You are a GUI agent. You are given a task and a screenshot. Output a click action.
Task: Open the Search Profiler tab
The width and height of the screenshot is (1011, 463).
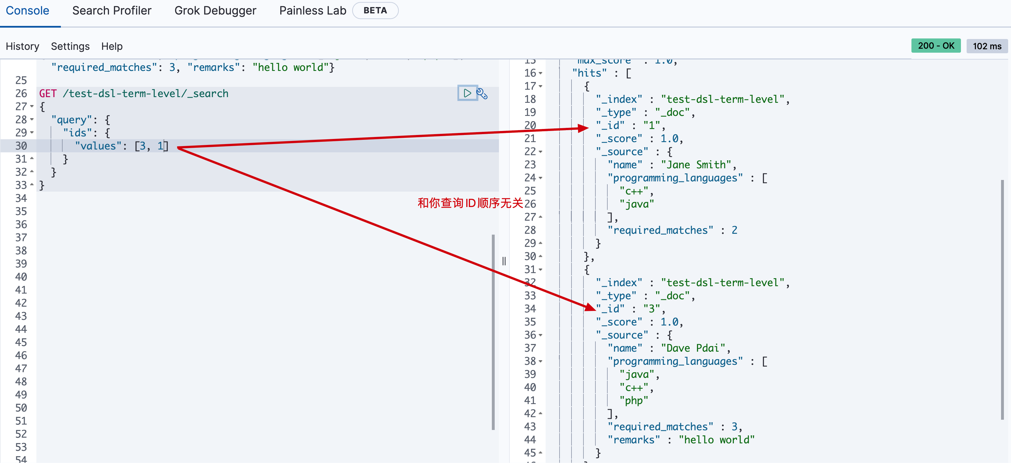112,11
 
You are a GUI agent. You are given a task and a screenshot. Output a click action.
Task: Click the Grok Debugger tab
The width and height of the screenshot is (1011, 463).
215,11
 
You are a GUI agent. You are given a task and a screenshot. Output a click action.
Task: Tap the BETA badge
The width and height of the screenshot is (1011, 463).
375,11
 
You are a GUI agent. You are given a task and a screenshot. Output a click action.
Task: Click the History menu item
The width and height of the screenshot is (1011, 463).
22,46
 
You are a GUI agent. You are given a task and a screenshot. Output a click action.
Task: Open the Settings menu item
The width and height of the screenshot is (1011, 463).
70,46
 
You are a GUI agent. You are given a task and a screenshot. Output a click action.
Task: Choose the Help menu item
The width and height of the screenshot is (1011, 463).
112,46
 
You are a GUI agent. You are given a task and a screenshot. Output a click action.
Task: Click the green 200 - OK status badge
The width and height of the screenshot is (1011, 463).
936,46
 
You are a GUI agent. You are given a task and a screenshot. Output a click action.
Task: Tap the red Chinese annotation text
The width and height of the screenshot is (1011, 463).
470,203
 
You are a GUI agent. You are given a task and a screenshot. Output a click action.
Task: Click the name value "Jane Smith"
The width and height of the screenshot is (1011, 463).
696,165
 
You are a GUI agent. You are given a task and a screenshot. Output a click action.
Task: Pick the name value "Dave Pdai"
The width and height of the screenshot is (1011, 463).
693,348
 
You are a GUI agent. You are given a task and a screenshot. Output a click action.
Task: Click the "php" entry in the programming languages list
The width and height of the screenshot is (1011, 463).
634,401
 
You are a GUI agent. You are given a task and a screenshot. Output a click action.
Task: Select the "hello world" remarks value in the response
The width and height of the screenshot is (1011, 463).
716,440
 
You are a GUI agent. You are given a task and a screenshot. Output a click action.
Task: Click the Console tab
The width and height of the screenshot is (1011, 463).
28,11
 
